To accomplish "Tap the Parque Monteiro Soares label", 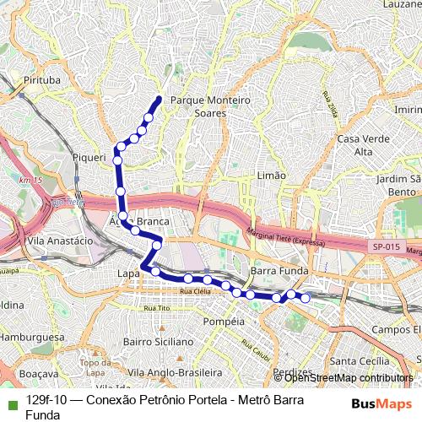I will point(210,105).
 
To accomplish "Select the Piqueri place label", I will point(89,157).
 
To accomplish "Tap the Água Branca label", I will point(139,221).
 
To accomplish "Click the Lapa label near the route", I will point(128,273).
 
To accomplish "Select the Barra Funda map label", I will point(276,271).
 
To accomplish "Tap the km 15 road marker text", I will point(31,181).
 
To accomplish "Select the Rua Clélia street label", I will point(196,291).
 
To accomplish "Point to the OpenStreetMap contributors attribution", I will point(348,378).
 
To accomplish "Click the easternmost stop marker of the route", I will point(306,298).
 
